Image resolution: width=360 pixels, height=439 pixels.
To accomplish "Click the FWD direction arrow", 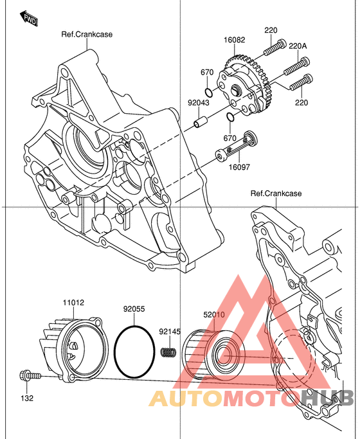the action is [x=29, y=18].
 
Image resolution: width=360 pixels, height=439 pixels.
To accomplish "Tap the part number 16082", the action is [x=234, y=40].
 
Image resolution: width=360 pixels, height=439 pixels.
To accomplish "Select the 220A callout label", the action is [x=298, y=46].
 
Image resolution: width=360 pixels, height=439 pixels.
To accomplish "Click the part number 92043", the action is [x=199, y=103].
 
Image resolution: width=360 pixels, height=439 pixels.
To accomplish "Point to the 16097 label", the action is [x=239, y=167].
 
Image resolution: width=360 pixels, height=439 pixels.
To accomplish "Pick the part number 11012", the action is [x=73, y=303].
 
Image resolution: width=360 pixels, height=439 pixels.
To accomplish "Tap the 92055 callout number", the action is [x=134, y=309].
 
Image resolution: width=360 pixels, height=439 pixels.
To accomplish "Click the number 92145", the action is [x=170, y=332].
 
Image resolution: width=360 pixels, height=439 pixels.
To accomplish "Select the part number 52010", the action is [x=214, y=315].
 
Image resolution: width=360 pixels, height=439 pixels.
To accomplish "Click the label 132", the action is [x=27, y=398].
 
